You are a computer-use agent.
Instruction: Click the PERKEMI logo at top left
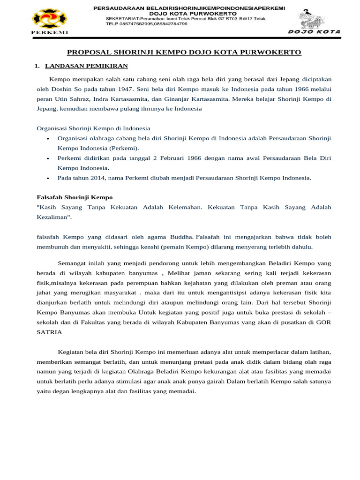pyautogui.click(x=49, y=20)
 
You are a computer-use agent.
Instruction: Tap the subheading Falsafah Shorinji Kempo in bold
pyautogui.click(x=75, y=197)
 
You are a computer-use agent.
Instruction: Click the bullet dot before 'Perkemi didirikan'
pyautogui.click(x=48, y=158)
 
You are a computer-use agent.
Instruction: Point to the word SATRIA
pyautogui.click(x=48, y=332)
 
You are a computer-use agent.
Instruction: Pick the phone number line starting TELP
pyautogui.click(x=147, y=23)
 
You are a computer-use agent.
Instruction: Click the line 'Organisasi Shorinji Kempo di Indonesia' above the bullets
pyautogui.click(x=93, y=128)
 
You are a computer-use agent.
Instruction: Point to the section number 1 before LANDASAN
pyautogui.click(x=37, y=66)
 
